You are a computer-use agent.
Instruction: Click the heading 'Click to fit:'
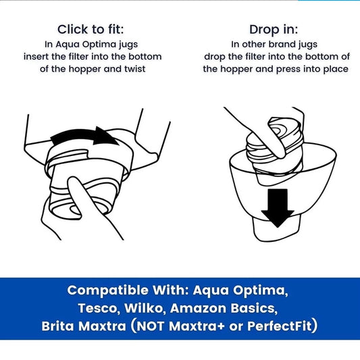point(90,29)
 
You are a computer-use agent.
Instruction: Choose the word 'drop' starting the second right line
point(215,55)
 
